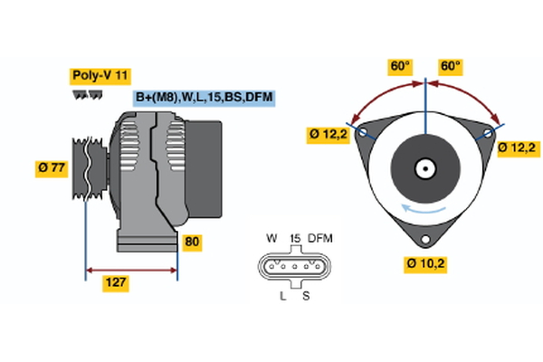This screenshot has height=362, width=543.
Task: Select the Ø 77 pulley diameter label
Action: [51, 167]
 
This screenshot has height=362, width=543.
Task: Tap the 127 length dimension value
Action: [116, 282]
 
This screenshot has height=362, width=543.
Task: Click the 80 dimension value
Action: [193, 243]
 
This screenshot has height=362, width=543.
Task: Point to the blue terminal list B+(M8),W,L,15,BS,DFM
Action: [204, 98]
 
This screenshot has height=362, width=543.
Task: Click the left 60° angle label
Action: [400, 66]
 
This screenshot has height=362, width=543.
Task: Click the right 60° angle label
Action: [451, 66]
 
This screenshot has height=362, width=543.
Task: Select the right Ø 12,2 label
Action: [519, 148]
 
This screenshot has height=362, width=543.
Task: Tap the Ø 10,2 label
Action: [425, 264]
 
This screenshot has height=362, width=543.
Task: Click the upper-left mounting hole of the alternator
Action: [363, 132]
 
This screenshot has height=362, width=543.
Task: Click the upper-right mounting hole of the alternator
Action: [489, 132]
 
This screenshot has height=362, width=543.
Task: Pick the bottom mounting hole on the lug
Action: [424, 240]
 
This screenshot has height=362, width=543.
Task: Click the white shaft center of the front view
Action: [425, 167]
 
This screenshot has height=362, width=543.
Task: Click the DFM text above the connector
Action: [321, 238]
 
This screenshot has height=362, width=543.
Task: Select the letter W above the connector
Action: [271, 238]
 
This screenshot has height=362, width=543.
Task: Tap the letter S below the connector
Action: [305, 296]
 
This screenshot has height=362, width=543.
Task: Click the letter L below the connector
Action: [282, 296]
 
